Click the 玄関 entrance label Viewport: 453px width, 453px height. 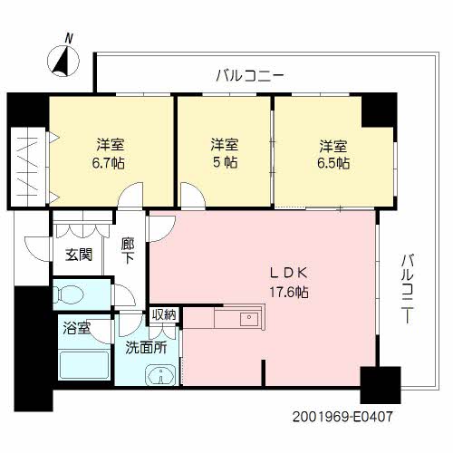pyautogui.click(x=78, y=255)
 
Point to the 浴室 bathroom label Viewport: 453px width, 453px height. pyautogui.click(x=76, y=328)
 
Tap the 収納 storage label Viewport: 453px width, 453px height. pyautogui.click(x=164, y=315)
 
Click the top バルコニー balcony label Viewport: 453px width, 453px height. pyautogui.click(x=249, y=75)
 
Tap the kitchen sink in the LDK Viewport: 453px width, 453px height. pyautogui.click(x=246, y=319)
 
